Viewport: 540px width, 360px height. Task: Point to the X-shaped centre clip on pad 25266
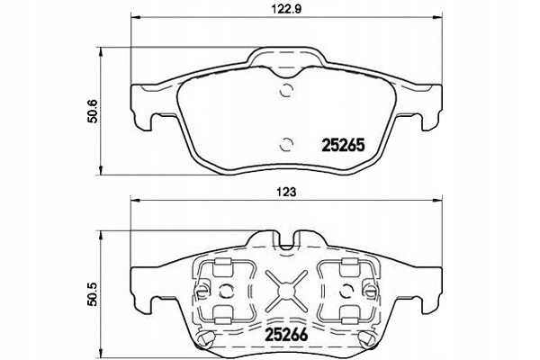(x=286, y=290)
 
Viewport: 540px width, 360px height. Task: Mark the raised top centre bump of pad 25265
(x=286, y=58)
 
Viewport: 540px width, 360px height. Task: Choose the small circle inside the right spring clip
(x=346, y=290)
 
